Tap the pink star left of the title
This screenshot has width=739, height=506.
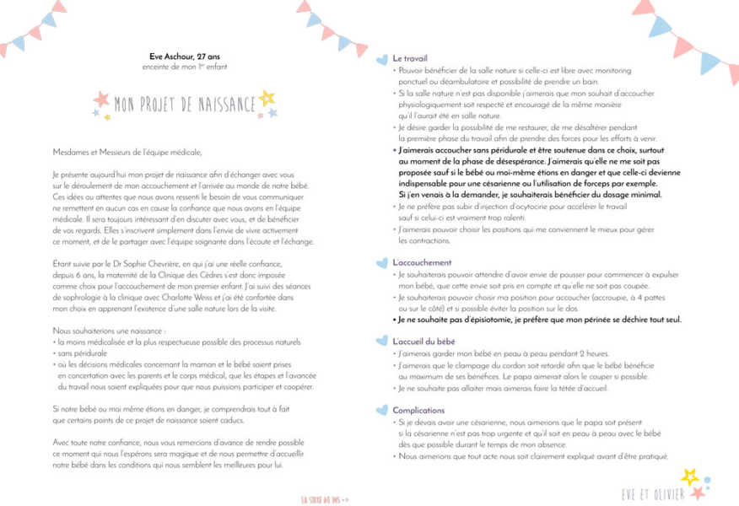[x=102, y=100]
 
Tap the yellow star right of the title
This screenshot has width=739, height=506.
[x=267, y=98]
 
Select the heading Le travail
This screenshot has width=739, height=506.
[x=408, y=58]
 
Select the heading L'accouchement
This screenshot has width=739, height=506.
[x=422, y=263]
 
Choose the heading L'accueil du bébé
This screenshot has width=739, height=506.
[x=424, y=341]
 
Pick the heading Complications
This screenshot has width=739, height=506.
[x=418, y=410]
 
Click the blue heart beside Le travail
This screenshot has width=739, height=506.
[x=385, y=57]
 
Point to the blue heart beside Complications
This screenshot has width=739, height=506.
[x=385, y=409]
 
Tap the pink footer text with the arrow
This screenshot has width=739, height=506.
[x=325, y=498]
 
